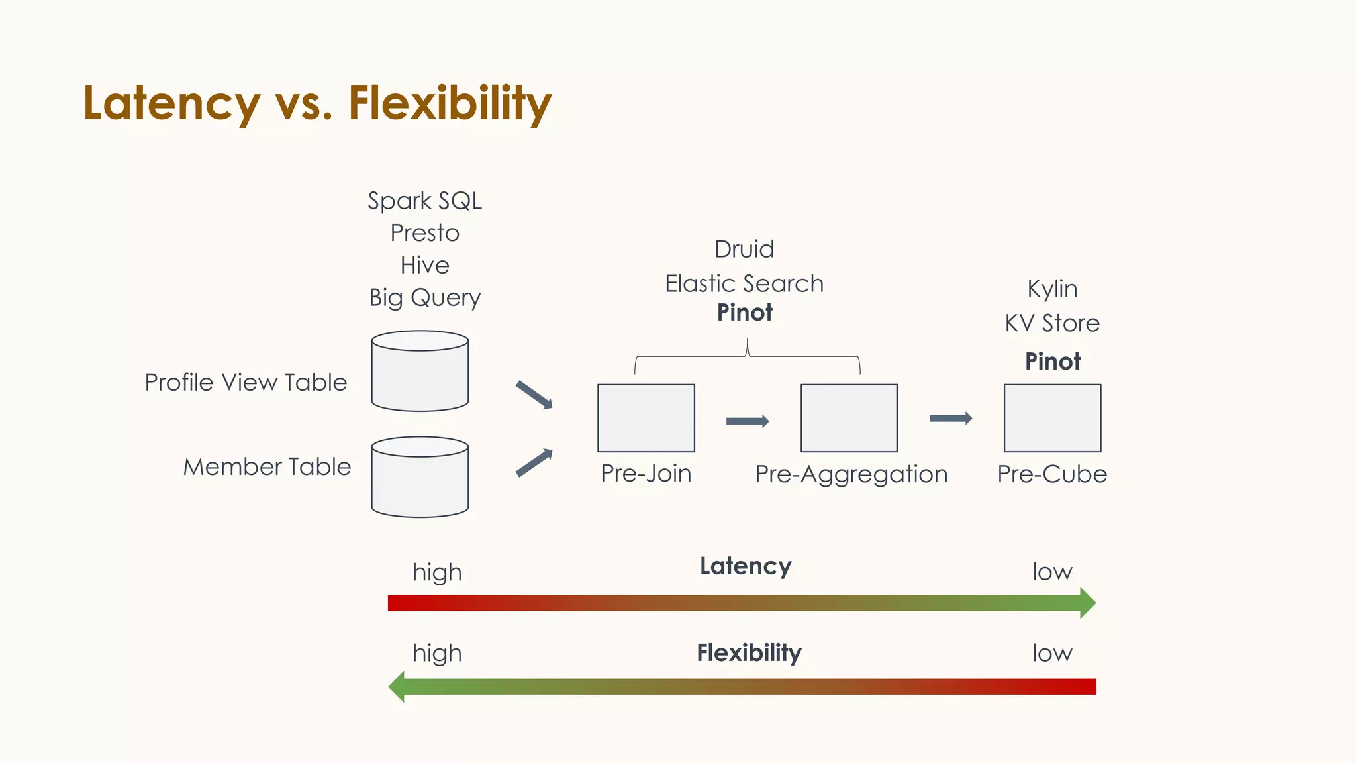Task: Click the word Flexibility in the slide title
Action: [450, 103]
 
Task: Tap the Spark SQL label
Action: [424, 201]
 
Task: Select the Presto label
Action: [424, 233]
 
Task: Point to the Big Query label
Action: [424, 298]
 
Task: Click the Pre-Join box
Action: [646, 418]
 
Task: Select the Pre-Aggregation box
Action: [849, 418]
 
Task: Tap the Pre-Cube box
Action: [1052, 418]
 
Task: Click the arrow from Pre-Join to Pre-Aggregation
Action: [748, 421]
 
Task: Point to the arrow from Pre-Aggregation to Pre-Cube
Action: [951, 418]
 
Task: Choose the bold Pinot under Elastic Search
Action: [744, 313]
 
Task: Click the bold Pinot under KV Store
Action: [1052, 362]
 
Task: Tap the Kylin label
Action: [1052, 289]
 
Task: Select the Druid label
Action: [744, 250]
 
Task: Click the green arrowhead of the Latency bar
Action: [1087, 603]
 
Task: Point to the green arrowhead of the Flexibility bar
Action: [397, 686]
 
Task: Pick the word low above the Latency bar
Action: [1052, 572]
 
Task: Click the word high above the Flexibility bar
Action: [437, 653]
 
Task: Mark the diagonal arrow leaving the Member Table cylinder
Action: [534, 462]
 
